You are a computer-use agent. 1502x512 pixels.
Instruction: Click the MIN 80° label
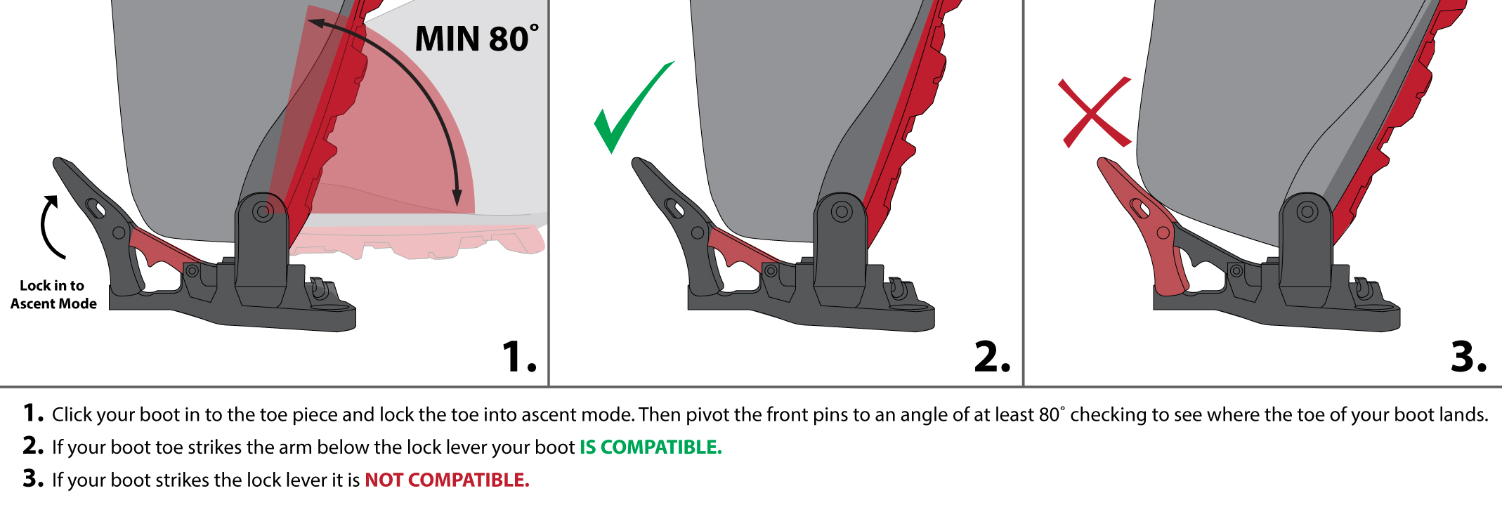(x=477, y=39)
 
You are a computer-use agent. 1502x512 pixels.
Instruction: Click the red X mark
(x=1095, y=112)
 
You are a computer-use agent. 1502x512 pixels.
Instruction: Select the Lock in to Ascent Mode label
(x=53, y=295)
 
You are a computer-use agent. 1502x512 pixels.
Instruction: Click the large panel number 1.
(x=519, y=357)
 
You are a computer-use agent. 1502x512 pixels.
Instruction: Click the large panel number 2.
(x=992, y=357)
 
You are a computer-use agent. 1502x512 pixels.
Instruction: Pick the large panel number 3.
(x=1468, y=357)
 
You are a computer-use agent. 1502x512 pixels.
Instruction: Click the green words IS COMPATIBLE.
(x=651, y=447)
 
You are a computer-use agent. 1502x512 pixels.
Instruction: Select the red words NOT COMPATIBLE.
(x=447, y=480)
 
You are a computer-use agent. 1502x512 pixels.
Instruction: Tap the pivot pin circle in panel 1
(x=263, y=211)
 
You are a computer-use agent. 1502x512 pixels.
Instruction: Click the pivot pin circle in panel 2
(x=842, y=211)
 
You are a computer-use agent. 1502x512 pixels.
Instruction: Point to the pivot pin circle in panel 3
(x=1307, y=211)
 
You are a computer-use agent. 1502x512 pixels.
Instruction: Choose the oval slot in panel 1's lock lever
(x=96, y=209)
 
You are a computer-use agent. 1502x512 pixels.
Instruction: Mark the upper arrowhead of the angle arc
(x=316, y=23)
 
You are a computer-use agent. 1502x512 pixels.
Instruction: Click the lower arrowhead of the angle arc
(x=457, y=198)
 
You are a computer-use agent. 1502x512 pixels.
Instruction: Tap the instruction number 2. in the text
(x=33, y=445)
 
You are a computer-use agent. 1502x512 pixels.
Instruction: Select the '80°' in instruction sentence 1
(x=1052, y=414)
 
